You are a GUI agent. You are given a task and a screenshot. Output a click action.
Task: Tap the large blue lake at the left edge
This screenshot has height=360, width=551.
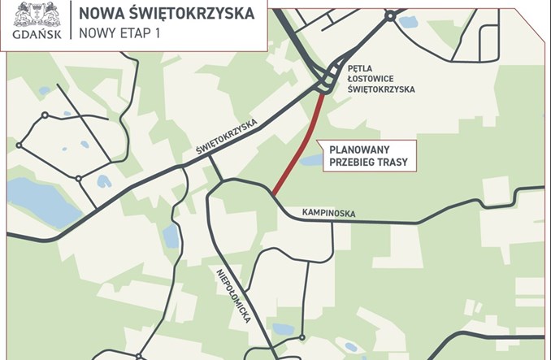pos(37,201)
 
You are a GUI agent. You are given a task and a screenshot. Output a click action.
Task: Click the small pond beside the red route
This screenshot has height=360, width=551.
pos(310,160)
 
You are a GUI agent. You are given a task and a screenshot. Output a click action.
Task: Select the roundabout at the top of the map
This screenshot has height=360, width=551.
pos(390,14)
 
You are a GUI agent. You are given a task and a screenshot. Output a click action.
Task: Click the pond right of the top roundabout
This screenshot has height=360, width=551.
pos(408,22)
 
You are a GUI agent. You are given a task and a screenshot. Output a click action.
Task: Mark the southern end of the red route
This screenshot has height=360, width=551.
pos(274,193)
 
